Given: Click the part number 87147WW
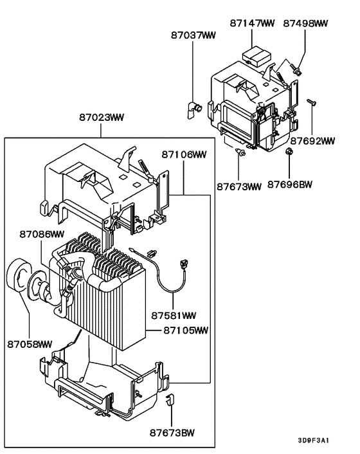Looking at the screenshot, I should tap(252, 23).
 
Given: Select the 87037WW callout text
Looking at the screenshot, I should tap(194, 35).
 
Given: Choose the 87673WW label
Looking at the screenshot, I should tap(239, 187).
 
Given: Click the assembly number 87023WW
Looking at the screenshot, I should tap(102, 118).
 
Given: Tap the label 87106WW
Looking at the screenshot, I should tap(184, 154).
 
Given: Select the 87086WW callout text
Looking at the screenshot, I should tap(42, 235).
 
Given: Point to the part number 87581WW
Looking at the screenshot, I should tap(174, 316).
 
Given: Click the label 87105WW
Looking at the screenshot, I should tap(186, 331).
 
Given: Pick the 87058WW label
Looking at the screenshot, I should tap(30, 345).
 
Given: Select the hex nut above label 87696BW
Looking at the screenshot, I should tap(289, 152).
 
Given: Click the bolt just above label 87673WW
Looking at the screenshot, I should tap(240, 152).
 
